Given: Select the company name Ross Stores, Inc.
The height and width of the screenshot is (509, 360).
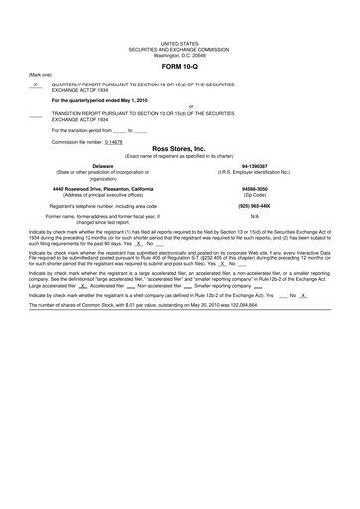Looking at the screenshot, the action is click(x=179, y=148).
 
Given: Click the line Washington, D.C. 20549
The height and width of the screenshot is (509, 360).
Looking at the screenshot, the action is click(x=179, y=55).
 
